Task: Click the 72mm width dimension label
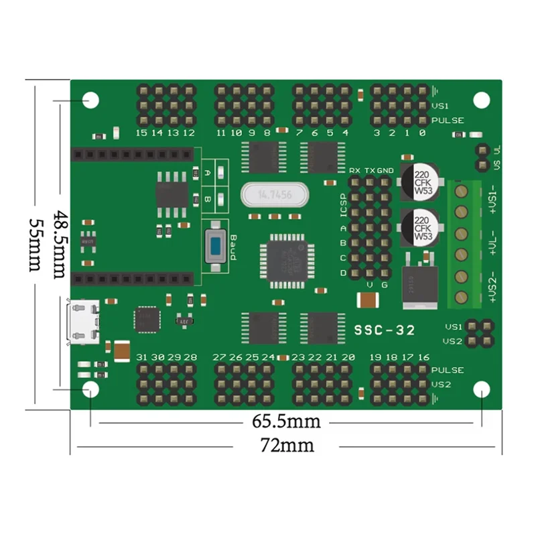(x=288, y=445)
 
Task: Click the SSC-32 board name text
(x=384, y=330)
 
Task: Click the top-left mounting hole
(x=90, y=100)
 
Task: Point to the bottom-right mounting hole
(x=481, y=390)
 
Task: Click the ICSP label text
(x=343, y=206)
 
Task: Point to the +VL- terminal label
(x=492, y=243)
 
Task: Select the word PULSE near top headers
(x=448, y=121)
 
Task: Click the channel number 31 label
(x=141, y=357)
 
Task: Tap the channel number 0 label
(x=421, y=133)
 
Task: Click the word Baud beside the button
(x=232, y=246)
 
